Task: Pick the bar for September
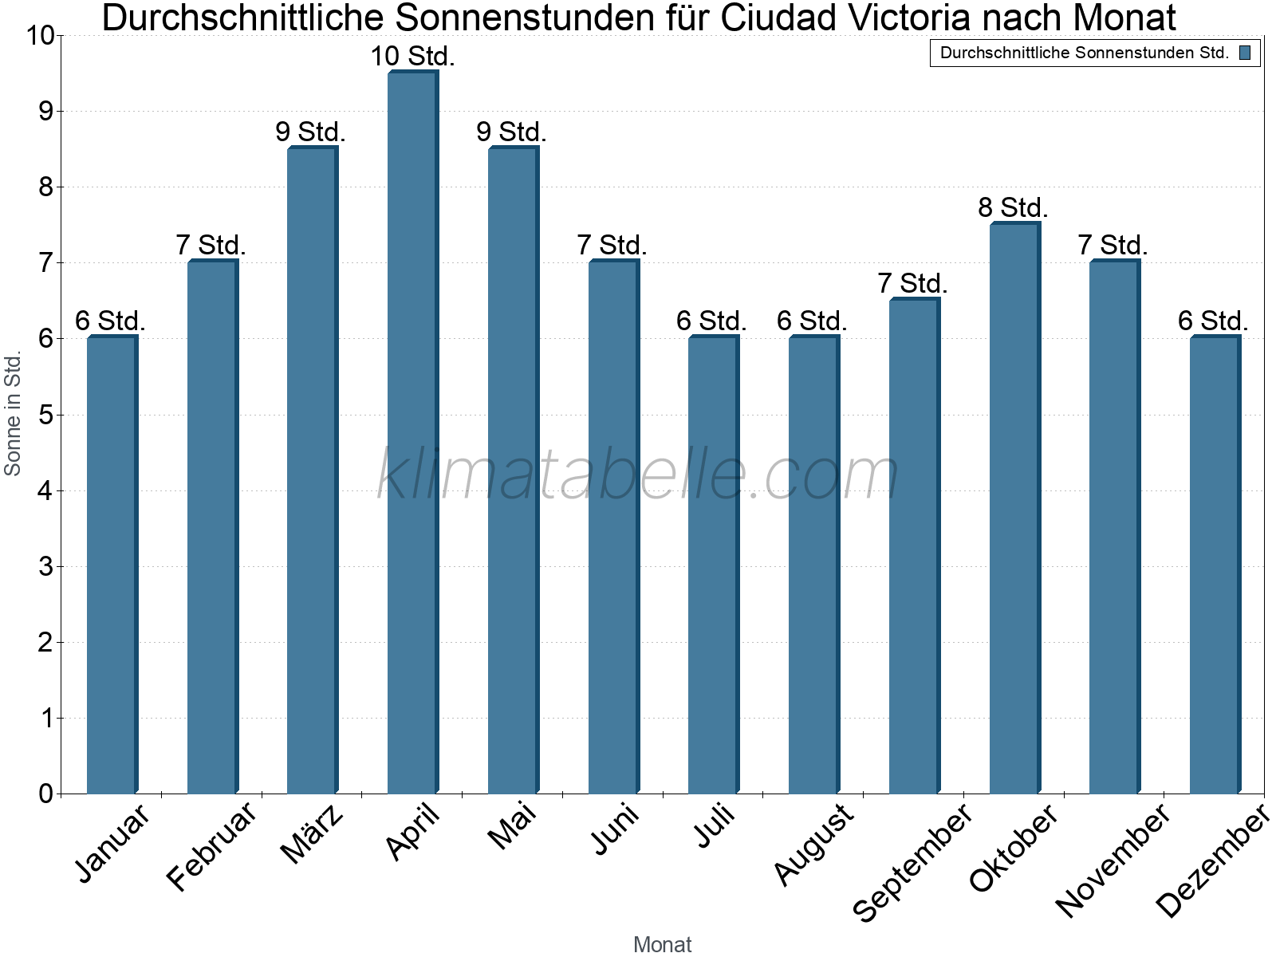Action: [914, 546]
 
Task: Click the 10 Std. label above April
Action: [412, 57]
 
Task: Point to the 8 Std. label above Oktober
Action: [1013, 208]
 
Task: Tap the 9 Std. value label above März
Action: [311, 132]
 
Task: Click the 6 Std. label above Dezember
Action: [1213, 321]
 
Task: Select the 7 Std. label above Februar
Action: [211, 246]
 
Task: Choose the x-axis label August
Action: [813, 845]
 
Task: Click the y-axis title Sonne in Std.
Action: [13, 415]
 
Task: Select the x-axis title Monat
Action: [662, 945]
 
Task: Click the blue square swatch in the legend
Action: [1245, 53]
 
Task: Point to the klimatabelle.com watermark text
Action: [638, 475]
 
